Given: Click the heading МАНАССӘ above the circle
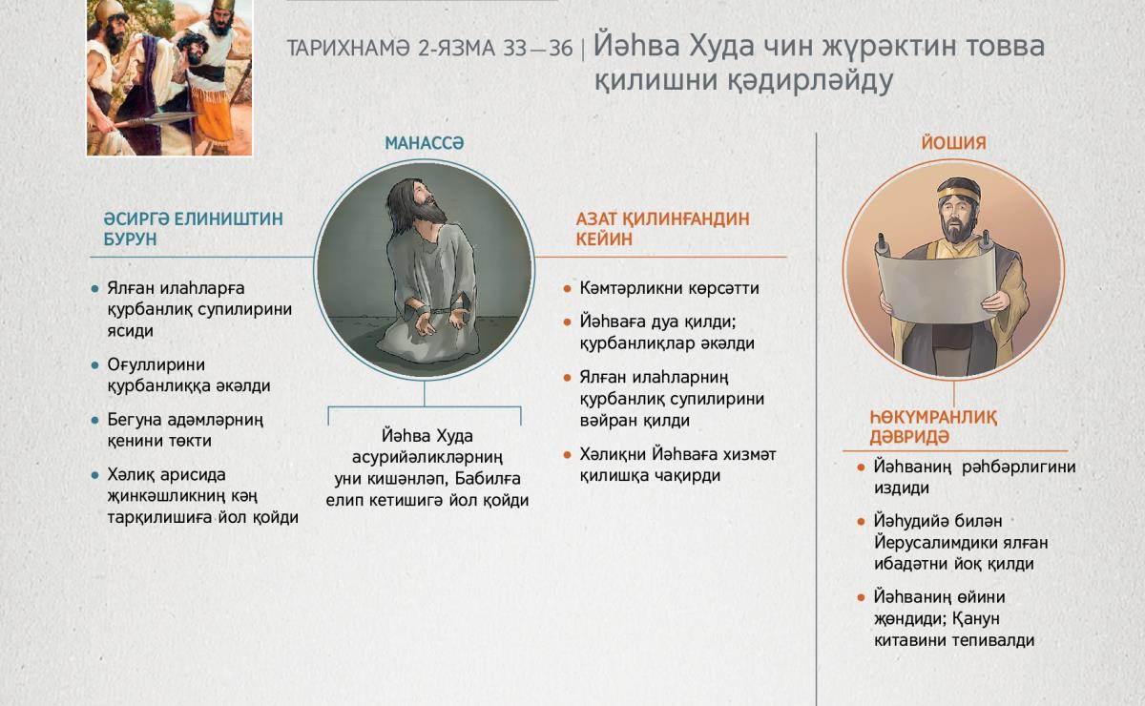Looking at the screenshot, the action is pyautogui.click(x=425, y=143).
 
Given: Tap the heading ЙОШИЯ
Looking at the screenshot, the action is pyautogui.click(x=953, y=143).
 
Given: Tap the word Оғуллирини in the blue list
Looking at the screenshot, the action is pyautogui.click(x=156, y=365).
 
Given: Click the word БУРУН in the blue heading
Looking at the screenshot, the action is pyautogui.click(x=130, y=239).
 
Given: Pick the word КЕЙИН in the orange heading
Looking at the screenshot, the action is pyautogui.click(x=604, y=239).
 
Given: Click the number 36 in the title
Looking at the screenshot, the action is pyautogui.click(x=561, y=49).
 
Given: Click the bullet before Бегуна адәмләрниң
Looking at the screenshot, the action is pyautogui.click(x=94, y=421).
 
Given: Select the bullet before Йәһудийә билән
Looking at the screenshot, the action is pyautogui.click(x=861, y=522).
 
